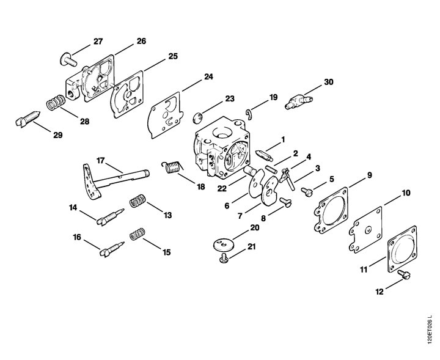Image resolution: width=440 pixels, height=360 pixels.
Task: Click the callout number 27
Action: pos(98,42)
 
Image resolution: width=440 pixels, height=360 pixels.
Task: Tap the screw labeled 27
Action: pos(68,59)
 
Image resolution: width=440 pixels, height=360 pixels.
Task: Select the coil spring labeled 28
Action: pos(56,103)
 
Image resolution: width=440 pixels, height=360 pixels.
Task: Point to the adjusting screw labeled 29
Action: pos(28,119)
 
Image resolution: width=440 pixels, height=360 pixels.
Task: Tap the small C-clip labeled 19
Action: pos(249,114)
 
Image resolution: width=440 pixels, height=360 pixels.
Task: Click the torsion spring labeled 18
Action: pos(172,167)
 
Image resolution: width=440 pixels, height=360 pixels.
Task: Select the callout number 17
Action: pos(100,161)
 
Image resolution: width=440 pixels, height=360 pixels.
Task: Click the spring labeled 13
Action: pos(137,201)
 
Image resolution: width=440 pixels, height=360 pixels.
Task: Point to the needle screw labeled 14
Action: pos(110,217)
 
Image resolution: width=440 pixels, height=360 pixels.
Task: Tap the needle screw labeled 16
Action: pos(112,249)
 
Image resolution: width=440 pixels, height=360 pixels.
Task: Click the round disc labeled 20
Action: pos(224,244)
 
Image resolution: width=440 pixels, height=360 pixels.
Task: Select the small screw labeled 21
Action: pos(224,258)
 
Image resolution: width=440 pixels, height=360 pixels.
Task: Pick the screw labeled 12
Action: pos(404,274)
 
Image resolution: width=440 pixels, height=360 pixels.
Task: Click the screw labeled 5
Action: pos(306,192)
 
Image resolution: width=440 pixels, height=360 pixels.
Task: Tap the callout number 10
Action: pos(406,193)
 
